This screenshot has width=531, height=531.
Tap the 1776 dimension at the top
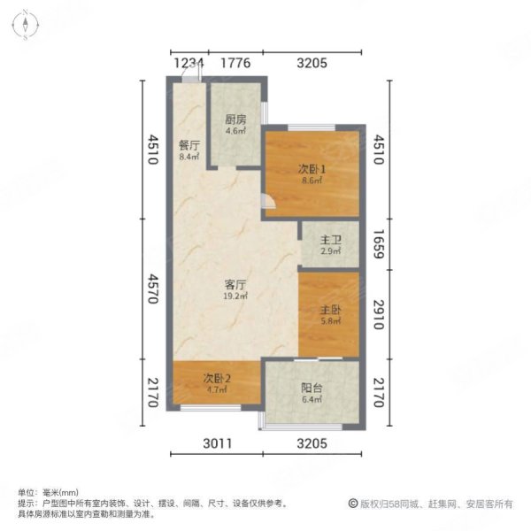coord(235,63)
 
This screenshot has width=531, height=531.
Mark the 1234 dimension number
coord(188,63)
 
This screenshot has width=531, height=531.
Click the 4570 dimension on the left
coord(153,287)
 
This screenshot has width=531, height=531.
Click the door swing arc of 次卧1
coord(272,206)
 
